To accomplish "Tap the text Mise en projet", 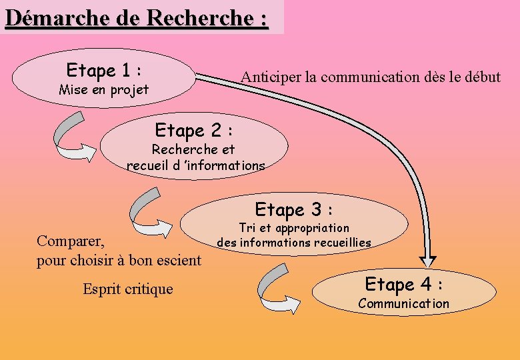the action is (103, 89).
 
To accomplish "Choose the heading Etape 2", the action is (193, 129).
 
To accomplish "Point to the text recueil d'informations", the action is (195, 165).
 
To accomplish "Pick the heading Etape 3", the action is (293, 210).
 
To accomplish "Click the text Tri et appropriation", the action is (293, 228).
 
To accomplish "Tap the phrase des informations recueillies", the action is (293, 243).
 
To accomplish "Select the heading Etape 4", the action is (404, 285).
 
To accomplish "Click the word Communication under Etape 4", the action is (404, 304).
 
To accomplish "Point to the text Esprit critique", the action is (127, 289).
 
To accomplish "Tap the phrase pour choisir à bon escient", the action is (119, 260).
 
